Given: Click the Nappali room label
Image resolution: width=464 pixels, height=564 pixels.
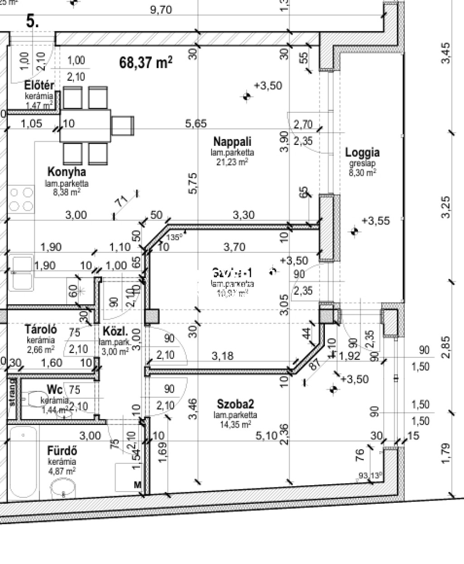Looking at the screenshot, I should [232, 142].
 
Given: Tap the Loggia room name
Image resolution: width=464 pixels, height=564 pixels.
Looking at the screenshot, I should [362, 153].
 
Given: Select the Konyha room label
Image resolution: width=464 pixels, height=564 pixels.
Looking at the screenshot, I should [67, 172].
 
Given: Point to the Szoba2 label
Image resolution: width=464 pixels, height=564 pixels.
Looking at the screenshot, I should [235, 404].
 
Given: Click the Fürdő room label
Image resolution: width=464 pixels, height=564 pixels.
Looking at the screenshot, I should [62, 451].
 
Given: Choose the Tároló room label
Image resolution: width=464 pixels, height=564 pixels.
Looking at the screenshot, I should [41, 329].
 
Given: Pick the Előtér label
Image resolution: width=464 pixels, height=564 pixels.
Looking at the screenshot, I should [39, 86].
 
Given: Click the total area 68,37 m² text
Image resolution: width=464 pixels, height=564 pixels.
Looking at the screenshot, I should [145, 62].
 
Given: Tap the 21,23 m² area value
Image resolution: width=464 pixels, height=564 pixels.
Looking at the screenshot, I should [232, 162].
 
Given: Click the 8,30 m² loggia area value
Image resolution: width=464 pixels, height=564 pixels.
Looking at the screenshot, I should [362, 173].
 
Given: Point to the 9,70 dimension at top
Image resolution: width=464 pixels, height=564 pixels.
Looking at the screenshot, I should [161, 10].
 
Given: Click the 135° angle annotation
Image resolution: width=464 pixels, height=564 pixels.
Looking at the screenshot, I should [174, 237].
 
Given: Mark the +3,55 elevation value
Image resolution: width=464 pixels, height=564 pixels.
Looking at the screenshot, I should [376, 221].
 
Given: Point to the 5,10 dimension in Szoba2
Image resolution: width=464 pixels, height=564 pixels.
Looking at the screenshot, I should [266, 436].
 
